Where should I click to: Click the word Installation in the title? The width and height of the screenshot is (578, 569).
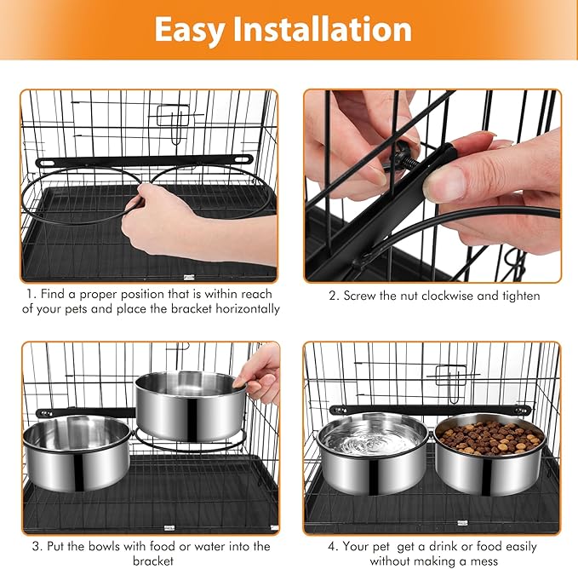click(x=322, y=29)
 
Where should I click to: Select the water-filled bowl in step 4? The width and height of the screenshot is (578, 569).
click(x=374, y=453)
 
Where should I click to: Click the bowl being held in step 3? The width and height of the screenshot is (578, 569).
click(x=190, y=405)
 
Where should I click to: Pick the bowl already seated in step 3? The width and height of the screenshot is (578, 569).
click(x=77, y=453)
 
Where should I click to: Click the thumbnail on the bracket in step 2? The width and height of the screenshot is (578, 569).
click(x=447, y=181)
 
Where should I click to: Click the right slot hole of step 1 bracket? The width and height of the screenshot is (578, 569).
click(x=242, y=160)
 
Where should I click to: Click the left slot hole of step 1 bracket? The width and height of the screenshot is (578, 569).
click(x=47, y=162)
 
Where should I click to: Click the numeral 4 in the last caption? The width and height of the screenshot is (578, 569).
click(x=332, y=546)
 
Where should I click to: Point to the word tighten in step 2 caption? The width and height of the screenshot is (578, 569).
click(x=521, y=296)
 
